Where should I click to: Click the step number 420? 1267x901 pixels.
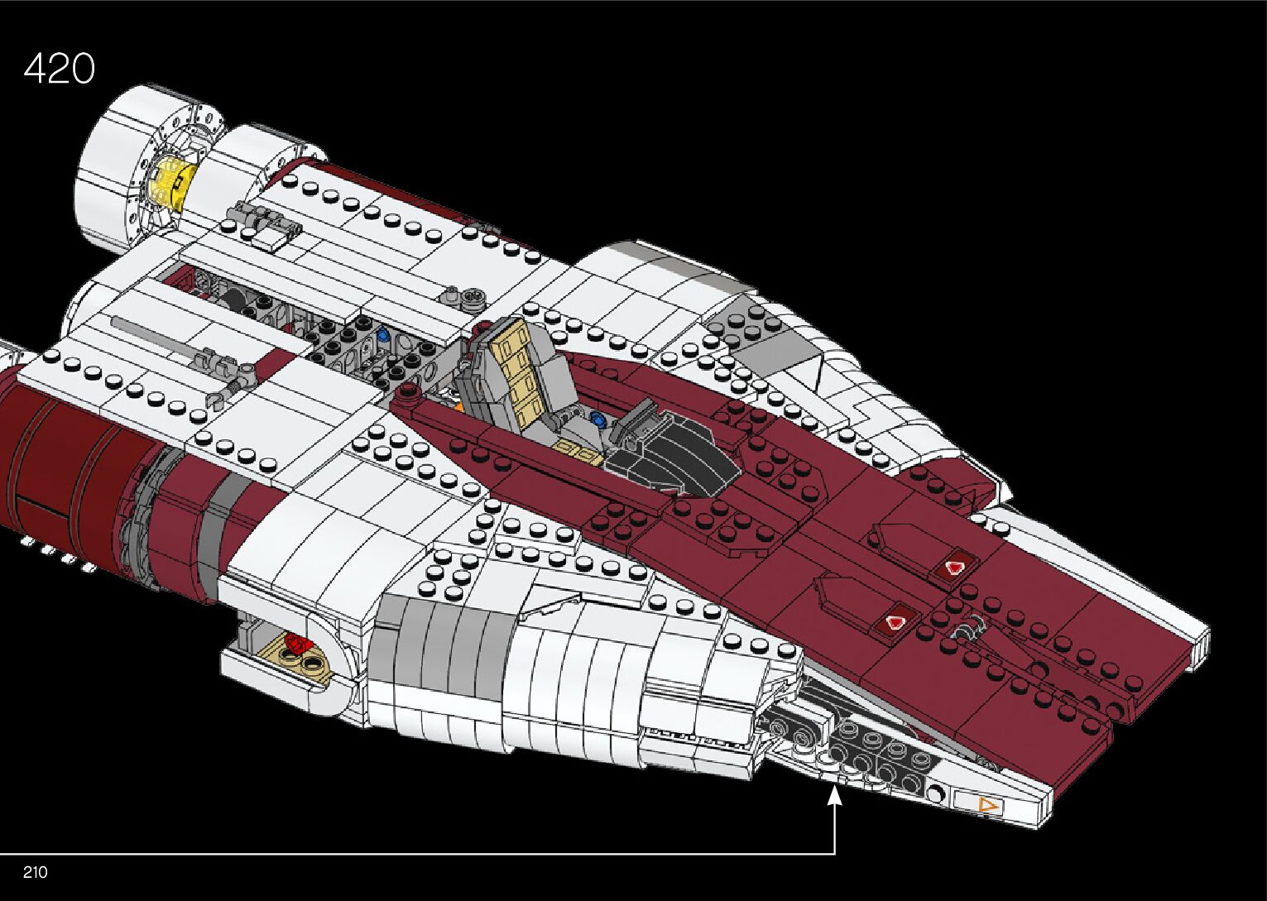pyautogui.click(x=60, y=68)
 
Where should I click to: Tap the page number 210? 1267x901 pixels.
pyautogui.click(x=36, y=872)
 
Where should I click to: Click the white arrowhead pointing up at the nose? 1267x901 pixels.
pyautogui.click(x=834, y=796)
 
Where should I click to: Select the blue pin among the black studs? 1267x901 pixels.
pyautogui.click(x=383, y=336)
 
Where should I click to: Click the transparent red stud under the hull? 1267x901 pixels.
pyautogui.click(x=296, y=643)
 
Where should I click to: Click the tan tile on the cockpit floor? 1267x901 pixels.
pyautogui.click(x=576, y=451)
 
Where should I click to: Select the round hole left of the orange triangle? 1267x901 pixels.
pyautogui.click(x=935, y=794)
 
